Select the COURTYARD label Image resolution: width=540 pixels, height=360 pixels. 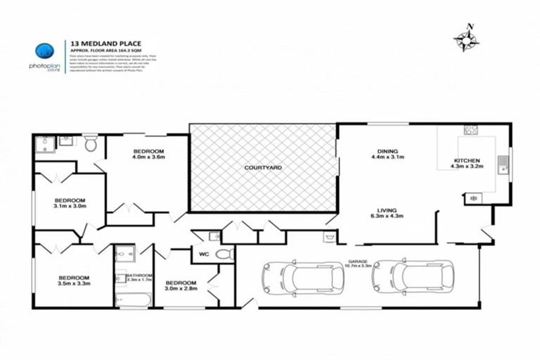click(263, 168)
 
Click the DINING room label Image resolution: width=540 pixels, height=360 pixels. click(387, 151)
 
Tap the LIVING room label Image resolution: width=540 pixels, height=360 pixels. click(387, 210)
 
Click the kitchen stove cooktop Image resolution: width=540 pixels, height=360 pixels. click(470, 131)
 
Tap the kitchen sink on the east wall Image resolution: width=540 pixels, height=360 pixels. click(503, 165)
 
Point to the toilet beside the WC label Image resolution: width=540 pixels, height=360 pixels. click(224, 254)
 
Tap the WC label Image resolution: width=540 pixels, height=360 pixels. click(204, 254)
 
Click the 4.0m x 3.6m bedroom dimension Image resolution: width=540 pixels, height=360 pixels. click(148, 157)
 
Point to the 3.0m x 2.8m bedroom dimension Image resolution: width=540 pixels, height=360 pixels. click(181, 288)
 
